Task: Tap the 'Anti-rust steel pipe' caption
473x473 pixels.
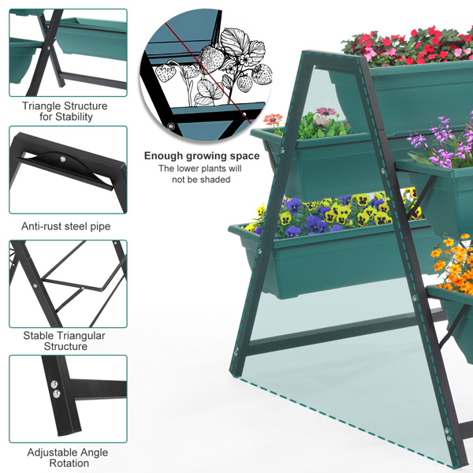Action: tap(66, 226)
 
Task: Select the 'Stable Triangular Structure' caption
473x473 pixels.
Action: tap(65, 341)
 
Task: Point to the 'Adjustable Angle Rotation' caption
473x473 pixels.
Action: tap(68, 458)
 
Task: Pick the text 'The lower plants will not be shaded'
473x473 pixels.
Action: tap(200, 174)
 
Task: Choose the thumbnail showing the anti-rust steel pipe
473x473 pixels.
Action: tap(68, 170)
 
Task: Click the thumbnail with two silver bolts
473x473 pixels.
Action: tap(68, 398)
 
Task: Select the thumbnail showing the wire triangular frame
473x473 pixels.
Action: tap(68, 284)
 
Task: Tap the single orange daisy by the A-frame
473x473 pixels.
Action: tap(273, 121)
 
